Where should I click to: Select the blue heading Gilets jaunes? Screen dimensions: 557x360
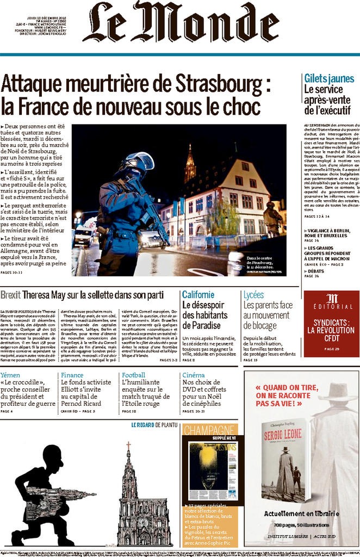tap(329, 78)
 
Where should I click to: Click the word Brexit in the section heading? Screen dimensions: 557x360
tap(11, 295)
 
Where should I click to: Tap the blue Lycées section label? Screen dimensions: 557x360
tap(254, 295)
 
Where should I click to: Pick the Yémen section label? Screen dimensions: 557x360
tap(10, 375)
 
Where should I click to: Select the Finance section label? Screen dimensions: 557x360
tap(72, 375)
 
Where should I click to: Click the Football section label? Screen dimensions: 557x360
tap(133, 375)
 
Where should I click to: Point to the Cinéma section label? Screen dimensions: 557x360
tap(194, 375)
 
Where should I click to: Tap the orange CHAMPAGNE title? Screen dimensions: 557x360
tap(209, 430)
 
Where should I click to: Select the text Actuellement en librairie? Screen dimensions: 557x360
tap(301, 513)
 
